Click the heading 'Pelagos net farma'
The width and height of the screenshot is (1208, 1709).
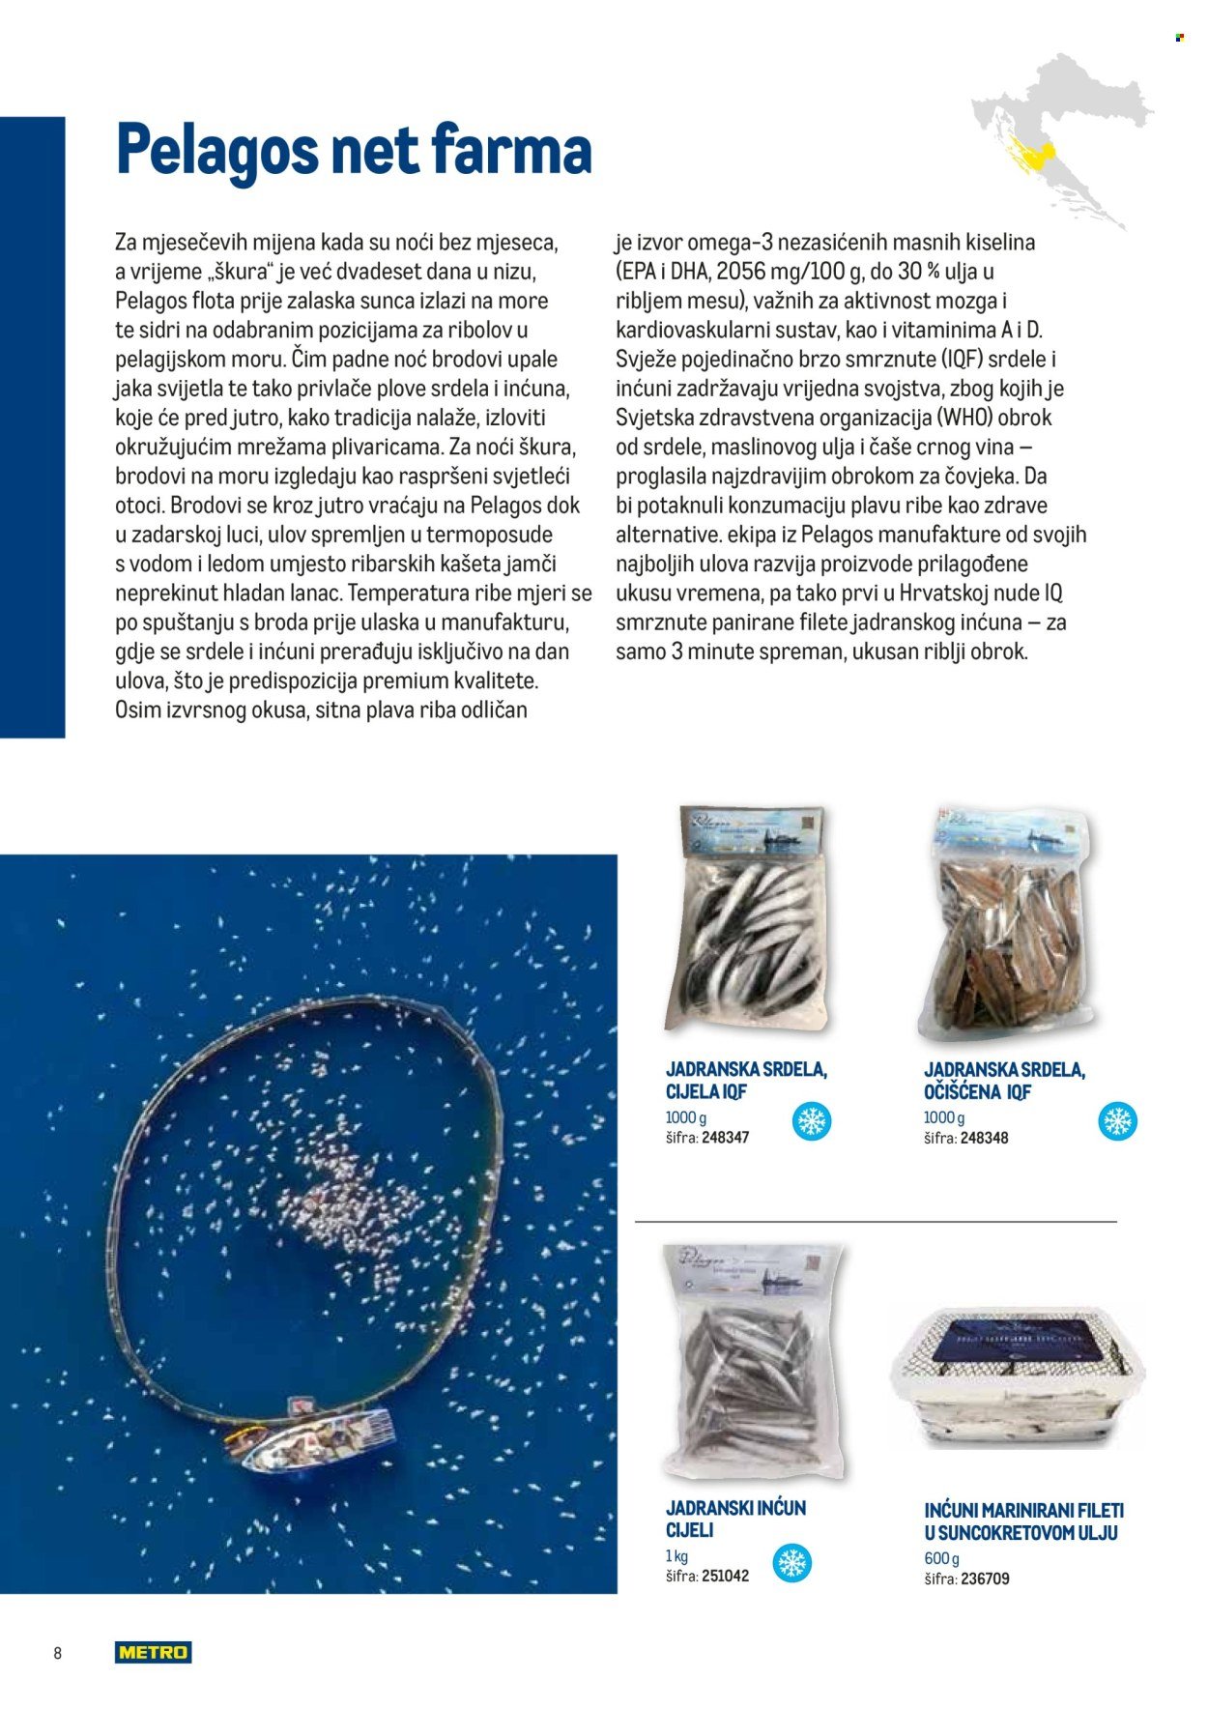[x=354, y=151]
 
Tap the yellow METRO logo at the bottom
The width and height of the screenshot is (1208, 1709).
[x=153, y=1652]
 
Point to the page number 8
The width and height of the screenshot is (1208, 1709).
[x=58, y=1653]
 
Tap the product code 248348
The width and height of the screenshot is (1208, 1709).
[x=984, y=1139]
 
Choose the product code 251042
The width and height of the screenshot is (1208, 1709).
[x=725, y=1576]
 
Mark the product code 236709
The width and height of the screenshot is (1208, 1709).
[x=985, y=1579]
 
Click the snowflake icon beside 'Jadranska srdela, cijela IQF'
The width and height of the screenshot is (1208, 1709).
[x=811, y=1121]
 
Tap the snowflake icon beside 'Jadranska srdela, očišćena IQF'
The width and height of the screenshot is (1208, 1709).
[x=1118, y=1121]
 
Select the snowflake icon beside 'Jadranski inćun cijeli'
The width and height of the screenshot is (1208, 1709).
[x=793, y=1563]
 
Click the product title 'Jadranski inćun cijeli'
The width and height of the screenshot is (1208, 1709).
[x=734, y=1519]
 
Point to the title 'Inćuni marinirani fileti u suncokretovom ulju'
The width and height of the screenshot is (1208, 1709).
[x=1022, y=1521]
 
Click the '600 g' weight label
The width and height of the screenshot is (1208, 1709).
[x=941, y=1558]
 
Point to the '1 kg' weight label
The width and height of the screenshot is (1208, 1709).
[x=676, y=1555]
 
